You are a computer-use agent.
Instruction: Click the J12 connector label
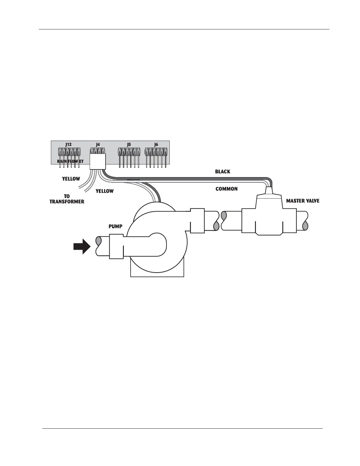tap(68, 144)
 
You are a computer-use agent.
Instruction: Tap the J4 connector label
tap(98, 144)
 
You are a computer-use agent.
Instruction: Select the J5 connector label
tap(129, 144)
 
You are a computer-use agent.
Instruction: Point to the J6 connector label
tap(156, 144)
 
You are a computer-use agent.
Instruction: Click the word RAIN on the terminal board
tap(62, 162)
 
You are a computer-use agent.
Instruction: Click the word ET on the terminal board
tap(81, 162)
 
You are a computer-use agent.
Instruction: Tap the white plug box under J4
tap(97, 162)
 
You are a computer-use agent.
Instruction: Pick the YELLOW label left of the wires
tap(71, 179)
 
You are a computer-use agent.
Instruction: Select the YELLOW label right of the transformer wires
tap(104, 191)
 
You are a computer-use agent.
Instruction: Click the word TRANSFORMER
tap(67, 202)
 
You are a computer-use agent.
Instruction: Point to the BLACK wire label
tap(223, 172)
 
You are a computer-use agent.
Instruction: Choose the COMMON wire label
tap(226, 189)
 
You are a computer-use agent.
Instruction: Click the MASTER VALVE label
tap(303, 201)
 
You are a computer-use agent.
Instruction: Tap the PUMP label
tap(115, 227)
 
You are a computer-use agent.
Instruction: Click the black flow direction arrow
tap(81, 246)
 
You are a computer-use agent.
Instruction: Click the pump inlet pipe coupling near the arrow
tap(116, 246)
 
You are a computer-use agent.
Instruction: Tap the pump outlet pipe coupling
tap(197, 220)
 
